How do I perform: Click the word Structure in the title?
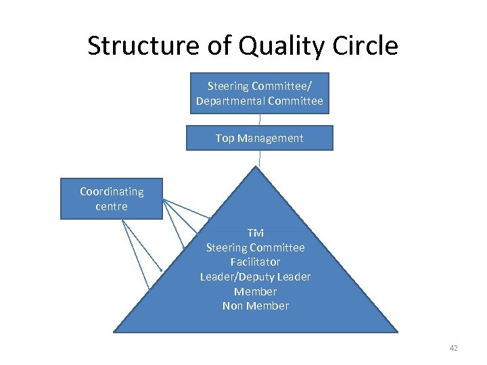coord(129,46)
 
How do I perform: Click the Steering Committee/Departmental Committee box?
coord(259,93)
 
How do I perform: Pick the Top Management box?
coord(259,138)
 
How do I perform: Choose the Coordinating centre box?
coord(112,199)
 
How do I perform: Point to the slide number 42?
coord(453,348)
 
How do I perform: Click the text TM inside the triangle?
coord(255,233)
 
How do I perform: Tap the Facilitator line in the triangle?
coord(255,262)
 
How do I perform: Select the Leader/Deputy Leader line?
coord(255,276)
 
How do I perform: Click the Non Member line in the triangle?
coord(255,306)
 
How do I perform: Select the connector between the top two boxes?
coord(259,120)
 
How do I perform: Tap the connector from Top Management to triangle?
coord(259,158)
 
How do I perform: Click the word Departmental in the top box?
coord(230,101)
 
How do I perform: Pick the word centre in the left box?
coord(112,206)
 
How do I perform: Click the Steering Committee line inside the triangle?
coord(255,247)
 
